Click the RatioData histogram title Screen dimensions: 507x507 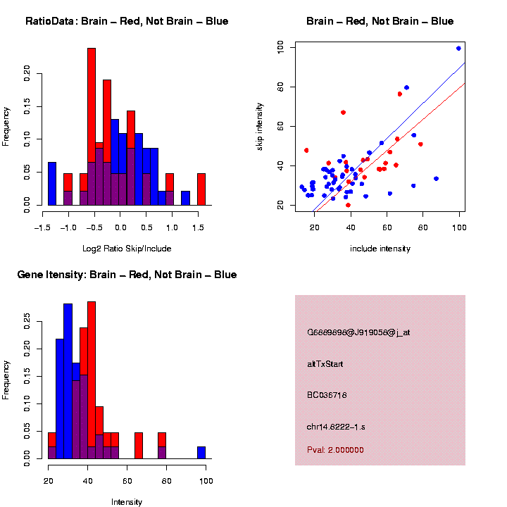127,21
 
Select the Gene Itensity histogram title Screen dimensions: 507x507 127,275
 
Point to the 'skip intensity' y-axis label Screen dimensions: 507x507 260,127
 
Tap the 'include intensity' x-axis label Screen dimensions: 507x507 380,249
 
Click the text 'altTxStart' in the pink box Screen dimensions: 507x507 325,364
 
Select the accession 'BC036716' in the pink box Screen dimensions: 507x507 327,395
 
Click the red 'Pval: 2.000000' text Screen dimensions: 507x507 335,450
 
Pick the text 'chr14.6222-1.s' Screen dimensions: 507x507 336,427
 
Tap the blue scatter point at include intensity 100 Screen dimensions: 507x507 458,49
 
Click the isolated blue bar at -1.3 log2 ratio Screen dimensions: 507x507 51,183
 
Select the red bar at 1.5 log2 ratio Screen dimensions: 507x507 201,189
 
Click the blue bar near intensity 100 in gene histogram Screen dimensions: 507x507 201,452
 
